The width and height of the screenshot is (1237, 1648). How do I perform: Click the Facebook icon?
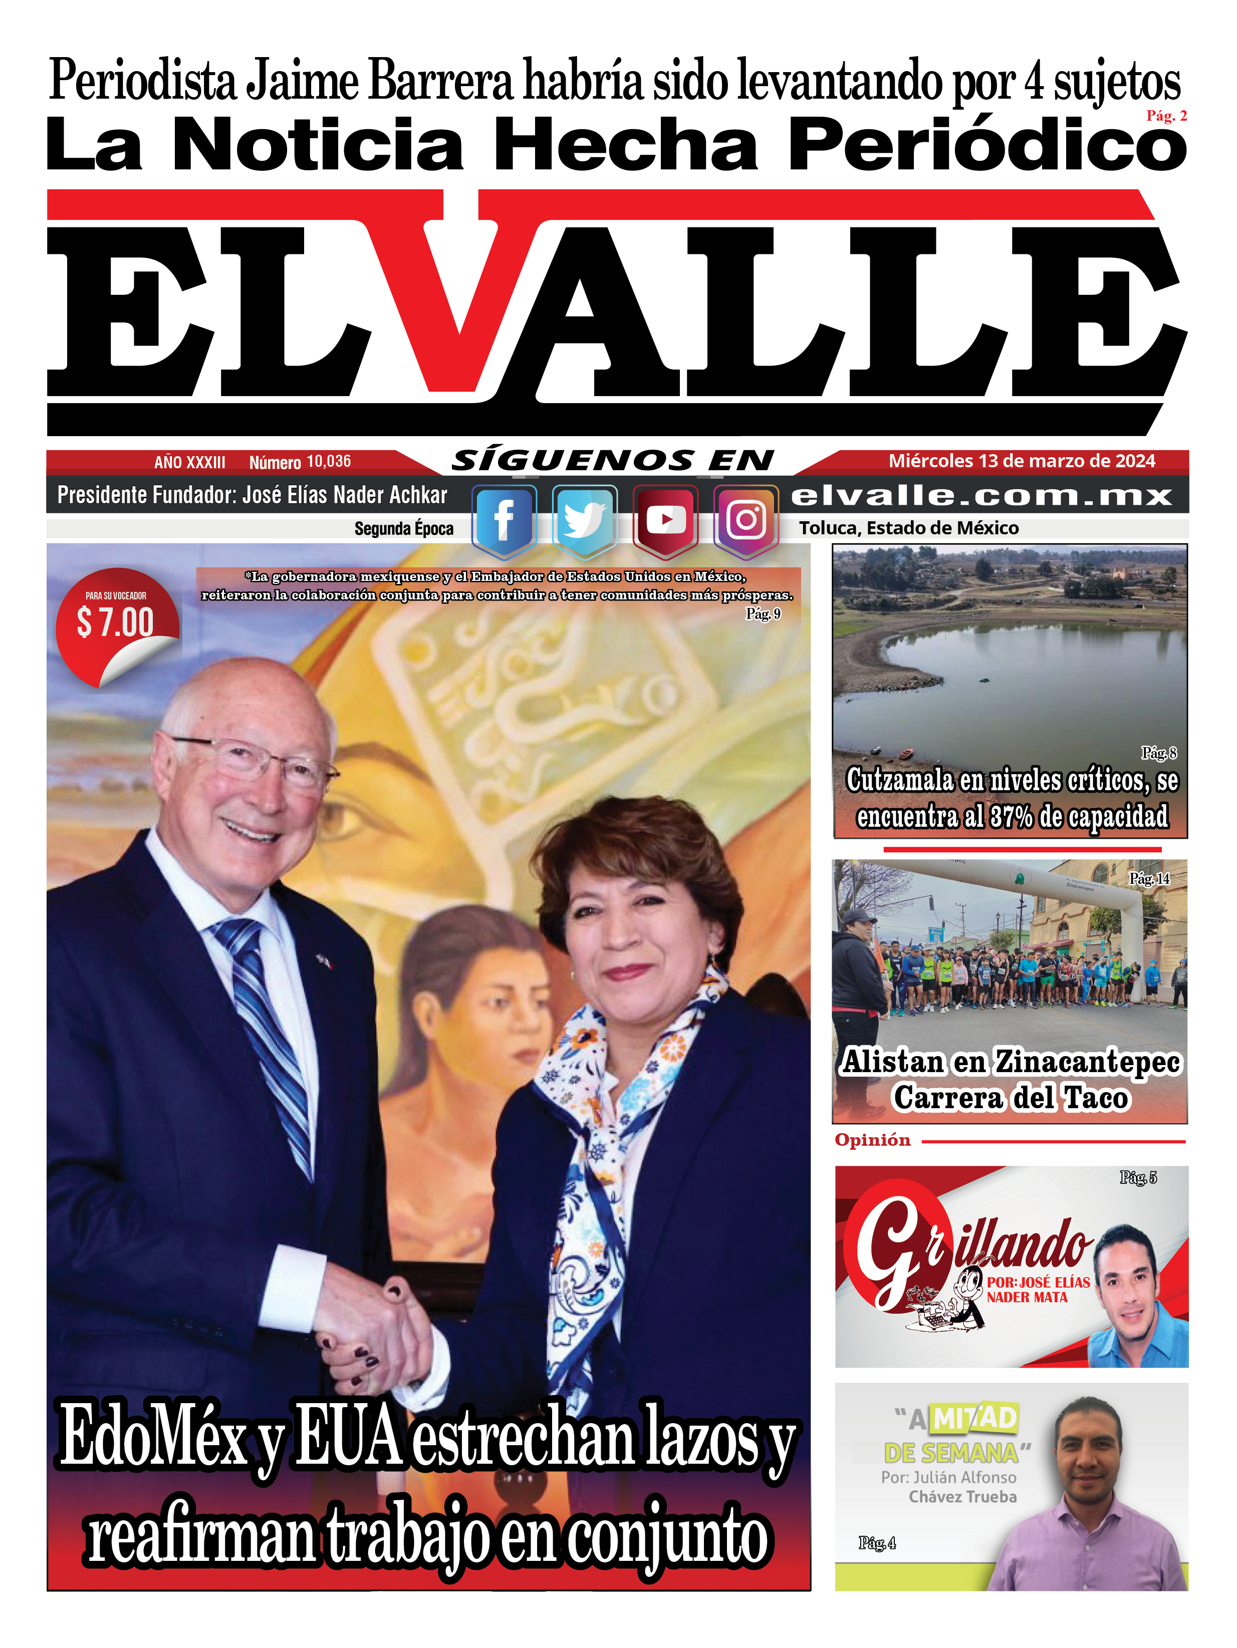pos(504,519)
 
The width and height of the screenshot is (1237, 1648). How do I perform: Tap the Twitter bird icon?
pos(584,519)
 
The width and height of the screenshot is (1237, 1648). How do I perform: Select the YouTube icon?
pos(665,519)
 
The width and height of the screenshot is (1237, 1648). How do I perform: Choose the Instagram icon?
pos(746,519)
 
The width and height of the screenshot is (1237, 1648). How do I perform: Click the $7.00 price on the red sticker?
pos(116,622)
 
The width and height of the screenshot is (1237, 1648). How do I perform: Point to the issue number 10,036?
pos(329,462)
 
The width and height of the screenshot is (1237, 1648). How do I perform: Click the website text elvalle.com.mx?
pos(981,495)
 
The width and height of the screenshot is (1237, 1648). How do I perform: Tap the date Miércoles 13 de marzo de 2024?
pos(1022,461)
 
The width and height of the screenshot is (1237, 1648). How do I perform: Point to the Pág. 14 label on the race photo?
pos(1149,879)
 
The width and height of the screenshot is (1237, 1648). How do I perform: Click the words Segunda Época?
pos(404,529)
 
